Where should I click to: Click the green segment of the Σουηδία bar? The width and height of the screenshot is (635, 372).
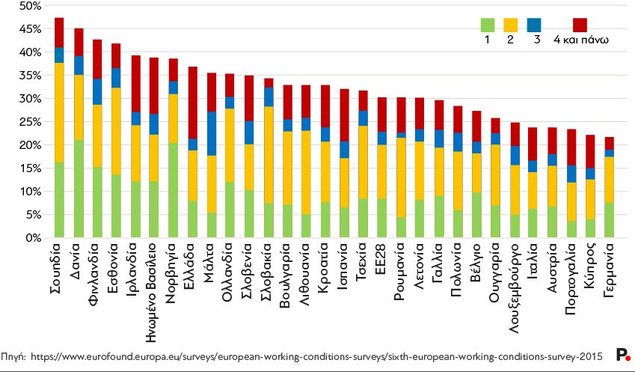[x=59, y=200]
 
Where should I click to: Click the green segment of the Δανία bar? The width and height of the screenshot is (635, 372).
[x=79, y=189]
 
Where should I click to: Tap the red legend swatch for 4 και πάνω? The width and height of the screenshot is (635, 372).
[x=580, y=25]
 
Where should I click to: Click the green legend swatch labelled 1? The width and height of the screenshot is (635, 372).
[x=488, y=25]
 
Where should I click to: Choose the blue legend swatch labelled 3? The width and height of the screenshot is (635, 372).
[x=534, y=25]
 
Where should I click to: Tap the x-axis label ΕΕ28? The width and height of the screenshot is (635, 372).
[x=381, y=260]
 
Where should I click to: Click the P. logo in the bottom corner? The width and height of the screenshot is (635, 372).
[x=622, y=355]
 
